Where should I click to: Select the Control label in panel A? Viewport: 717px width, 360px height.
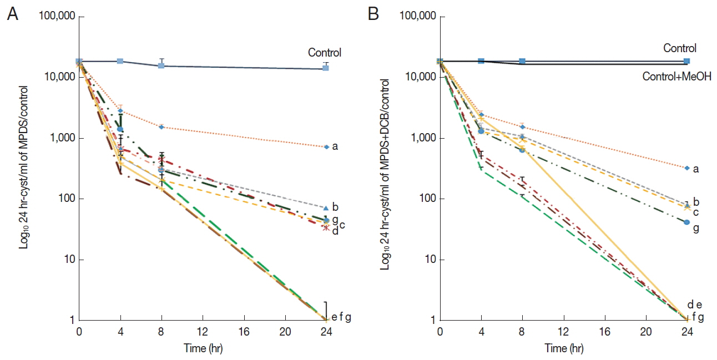[x=325, y=53]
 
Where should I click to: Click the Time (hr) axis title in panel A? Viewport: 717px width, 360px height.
[x=203, y=349]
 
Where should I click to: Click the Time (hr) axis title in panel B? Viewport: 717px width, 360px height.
[x=563, y=349]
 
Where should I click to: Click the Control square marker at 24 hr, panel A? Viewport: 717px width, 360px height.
[x=326, y=68]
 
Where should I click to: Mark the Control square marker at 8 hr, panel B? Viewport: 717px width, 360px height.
[x=522, y=61]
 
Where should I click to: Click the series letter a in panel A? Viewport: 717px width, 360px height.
[x=335, y=146]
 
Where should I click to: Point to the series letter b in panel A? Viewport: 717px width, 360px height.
[x=336, y=207]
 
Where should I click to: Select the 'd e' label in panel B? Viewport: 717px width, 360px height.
[x=695, y=305]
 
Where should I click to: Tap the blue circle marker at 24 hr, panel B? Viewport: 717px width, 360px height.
[x=687, y=222]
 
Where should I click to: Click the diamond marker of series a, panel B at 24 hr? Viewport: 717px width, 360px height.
[x=687, y=168]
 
